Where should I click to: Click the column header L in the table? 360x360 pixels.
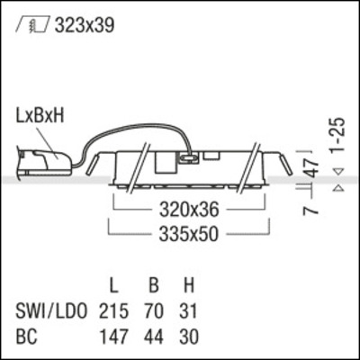pyautogui.click(x=114, y=288)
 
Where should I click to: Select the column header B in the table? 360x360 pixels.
pyautogui.click(x=154, y=288)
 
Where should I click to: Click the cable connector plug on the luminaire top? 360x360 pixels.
pyautogui.click(x=189, y=157)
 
